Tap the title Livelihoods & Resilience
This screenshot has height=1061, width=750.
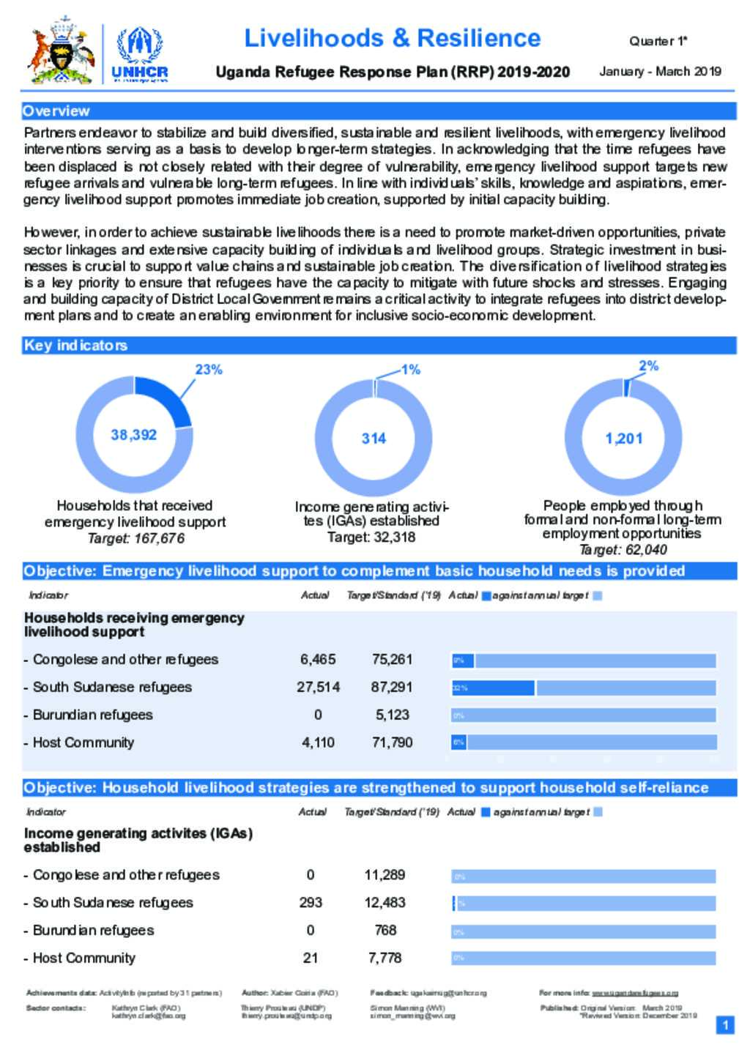392,38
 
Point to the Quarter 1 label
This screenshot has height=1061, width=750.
658,41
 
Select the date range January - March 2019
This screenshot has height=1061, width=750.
660,71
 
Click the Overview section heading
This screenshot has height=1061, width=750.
56,111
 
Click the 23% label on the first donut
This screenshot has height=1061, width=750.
209,370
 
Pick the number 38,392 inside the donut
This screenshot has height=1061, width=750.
134,435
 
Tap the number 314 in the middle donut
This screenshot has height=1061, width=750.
374,439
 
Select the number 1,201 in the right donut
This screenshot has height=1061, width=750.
624,439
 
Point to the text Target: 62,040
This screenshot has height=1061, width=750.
623,550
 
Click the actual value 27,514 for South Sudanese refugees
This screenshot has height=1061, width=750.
318,687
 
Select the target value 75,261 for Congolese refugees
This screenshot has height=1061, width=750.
392,659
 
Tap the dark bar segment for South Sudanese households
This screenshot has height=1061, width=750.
494,688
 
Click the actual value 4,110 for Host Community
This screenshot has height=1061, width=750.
318,742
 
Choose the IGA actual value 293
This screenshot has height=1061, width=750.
311,902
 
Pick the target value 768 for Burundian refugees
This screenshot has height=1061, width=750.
385,930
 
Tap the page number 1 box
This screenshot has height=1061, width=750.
725,1025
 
